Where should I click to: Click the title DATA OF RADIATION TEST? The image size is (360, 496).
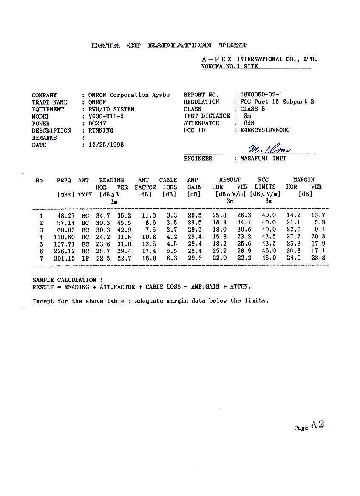(169, 45)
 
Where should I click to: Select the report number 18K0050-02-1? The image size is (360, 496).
(261, 95)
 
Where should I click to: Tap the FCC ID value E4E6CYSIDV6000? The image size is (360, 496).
(265, 130)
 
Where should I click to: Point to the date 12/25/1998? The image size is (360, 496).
(106, 145)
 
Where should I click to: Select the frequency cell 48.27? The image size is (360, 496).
(65, 215)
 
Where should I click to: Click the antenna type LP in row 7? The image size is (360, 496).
(85, 258)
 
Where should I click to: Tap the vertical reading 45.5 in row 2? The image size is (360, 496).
(125, 222)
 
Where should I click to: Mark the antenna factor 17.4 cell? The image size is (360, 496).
(149, 251)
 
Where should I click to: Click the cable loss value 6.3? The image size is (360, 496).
(172, 258)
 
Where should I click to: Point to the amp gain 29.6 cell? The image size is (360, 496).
(195, 258)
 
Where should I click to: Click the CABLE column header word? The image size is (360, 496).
(168, 180)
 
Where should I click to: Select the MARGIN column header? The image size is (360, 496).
(304, 180)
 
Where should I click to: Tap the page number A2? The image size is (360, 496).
(317, 424)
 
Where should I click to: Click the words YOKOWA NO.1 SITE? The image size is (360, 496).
(230, 66)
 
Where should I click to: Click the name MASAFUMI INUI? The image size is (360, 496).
(263, 159)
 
